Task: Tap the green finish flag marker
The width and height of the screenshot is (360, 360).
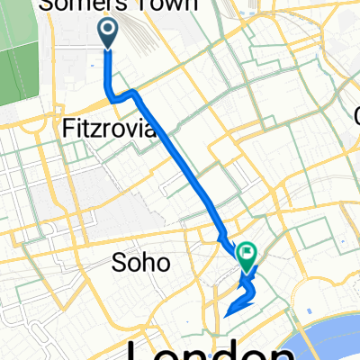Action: click(x=247, y=256)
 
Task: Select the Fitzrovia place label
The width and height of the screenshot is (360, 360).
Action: click(x=111, y=130)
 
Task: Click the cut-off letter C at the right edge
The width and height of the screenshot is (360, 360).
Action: click(x=357, y=115)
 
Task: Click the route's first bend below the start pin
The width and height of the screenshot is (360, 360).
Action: click(x=110, y=93)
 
